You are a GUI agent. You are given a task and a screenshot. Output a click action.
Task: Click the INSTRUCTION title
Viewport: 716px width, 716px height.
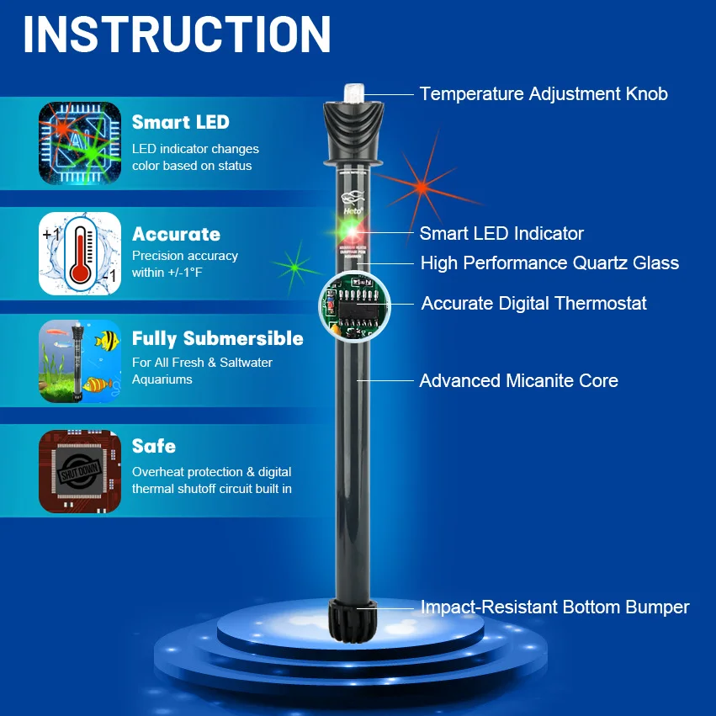point(177,34)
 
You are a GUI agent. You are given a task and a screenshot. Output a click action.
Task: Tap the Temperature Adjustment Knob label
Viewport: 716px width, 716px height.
point(544,94)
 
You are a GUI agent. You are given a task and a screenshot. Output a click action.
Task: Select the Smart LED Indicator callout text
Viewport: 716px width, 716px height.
point(501,234)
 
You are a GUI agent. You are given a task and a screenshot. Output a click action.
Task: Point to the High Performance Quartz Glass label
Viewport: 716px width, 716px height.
point(549,263)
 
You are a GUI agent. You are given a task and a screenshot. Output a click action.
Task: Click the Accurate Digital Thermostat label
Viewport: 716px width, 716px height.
point(534,303)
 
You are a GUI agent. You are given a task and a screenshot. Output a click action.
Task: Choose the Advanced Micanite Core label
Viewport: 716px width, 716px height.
point(518,381)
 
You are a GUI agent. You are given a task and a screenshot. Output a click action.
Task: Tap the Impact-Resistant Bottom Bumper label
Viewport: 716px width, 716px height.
point(554,607)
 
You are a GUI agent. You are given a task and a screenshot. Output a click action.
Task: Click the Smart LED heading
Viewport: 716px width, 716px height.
point(180,122)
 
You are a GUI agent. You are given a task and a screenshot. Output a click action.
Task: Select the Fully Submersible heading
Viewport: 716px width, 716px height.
point(217,339)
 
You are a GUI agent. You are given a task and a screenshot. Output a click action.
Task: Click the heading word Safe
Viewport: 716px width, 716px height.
point(154,446)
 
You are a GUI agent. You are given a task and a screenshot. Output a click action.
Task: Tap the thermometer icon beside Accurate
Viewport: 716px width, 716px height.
point(80,253)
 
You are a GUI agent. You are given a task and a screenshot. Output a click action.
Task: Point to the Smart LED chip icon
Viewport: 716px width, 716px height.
point(80,144)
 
